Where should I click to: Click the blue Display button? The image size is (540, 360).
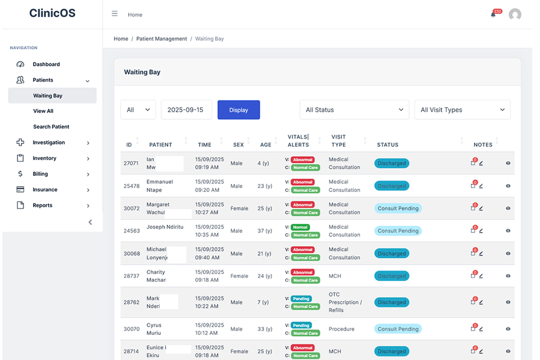click(238, 110)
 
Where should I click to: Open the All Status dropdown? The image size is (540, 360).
click(354, 110)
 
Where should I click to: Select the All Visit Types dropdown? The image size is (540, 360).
click(462, 110)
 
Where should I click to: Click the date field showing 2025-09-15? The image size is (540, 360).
click(186, 110)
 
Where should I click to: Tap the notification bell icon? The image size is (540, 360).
click(493, 14)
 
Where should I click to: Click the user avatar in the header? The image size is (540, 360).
click(515, 14)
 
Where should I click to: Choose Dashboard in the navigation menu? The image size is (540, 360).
click(46, 64)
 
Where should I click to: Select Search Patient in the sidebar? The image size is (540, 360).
click(51, 127)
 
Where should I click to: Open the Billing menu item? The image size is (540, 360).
click(40, 174)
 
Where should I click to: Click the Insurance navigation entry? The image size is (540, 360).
click(45, 190)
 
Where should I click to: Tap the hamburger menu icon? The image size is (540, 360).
click(115, 14)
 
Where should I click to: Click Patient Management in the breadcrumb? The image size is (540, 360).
click(162, 39)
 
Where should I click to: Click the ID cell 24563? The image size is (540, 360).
click(132, 231)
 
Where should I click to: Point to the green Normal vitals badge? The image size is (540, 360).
click(300, 227)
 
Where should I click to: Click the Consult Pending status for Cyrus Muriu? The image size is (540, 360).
click(398, 329)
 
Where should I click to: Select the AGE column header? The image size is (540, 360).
click(265, 145)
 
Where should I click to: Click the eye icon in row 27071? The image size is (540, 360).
click(508, 163)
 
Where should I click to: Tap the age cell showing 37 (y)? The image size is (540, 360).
click(265, 231)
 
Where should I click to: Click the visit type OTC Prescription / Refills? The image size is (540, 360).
click(345, 302)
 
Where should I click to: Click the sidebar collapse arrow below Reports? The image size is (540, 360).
click(90, 222)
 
